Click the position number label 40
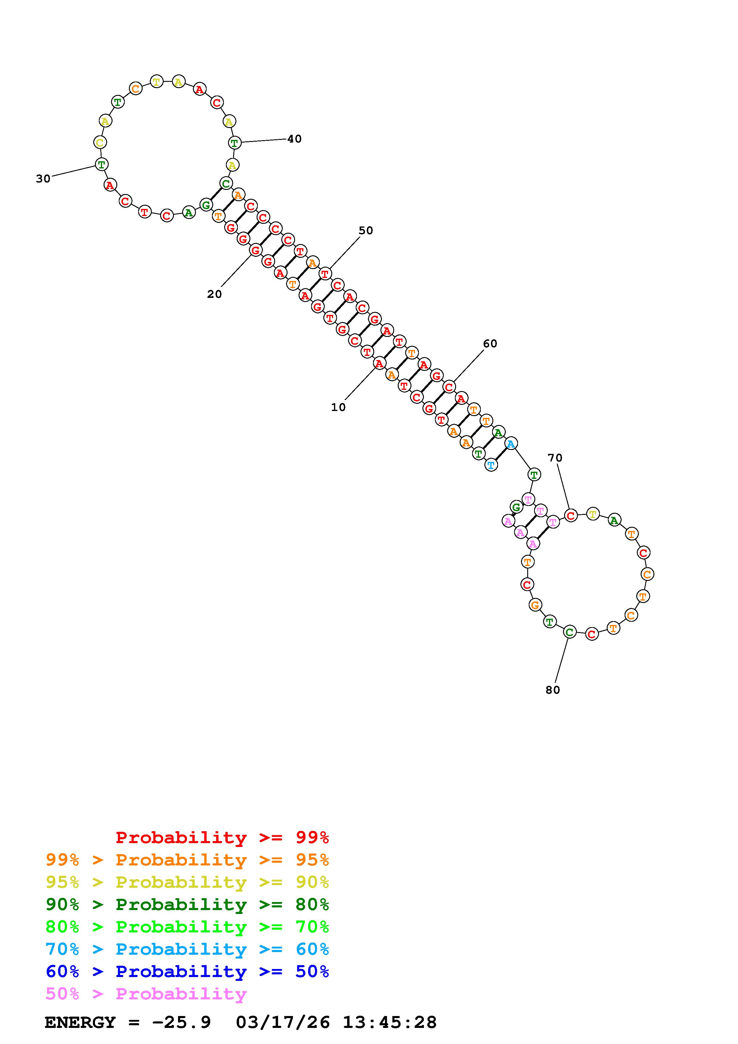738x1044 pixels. coord(294,139)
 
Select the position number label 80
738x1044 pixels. coord(553,690)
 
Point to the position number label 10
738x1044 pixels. coord(338,407)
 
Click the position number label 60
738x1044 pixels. coord(490,344)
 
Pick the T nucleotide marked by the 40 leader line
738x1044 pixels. coord(234,143)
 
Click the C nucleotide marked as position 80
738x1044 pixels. coord(569,632)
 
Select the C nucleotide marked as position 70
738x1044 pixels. coord(571,516)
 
